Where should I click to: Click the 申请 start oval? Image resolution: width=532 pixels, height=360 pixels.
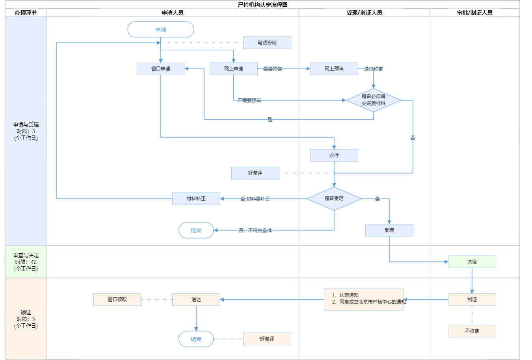pos(161,30)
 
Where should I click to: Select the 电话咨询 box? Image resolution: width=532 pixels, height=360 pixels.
pos(267,43)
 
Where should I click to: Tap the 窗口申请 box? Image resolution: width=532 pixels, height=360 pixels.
pos(161,69)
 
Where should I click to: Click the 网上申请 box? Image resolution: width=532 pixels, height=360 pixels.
pos(233,69)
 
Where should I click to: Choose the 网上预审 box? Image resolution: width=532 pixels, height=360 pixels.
pos(334,69)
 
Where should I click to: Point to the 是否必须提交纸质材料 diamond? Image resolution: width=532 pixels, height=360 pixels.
pos(373,100)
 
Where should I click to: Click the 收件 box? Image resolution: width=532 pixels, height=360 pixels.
pos(334,155)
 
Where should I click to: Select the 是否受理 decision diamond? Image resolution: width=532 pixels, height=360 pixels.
pos(334,199)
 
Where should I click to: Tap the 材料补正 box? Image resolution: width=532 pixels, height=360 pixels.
pos(196,199)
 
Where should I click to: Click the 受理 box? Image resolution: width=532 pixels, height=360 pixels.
pos(389,230)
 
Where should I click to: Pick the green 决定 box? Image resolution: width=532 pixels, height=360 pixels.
pos(472,262)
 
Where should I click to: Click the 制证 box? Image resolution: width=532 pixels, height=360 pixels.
pos(472,299)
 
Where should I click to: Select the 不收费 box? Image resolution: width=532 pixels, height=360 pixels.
pos(472,331)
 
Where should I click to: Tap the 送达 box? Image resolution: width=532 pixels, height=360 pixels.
pos(196,299)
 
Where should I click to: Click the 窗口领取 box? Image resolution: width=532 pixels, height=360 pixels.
pos(117,299)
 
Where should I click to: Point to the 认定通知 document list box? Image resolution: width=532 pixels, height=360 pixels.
pos(363,299)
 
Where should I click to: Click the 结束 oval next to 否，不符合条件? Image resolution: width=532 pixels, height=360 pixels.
pos(196,230)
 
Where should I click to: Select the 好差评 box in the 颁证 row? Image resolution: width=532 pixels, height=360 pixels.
pos(267,339)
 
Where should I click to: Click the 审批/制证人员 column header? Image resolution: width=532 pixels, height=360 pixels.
pos(474,13)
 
